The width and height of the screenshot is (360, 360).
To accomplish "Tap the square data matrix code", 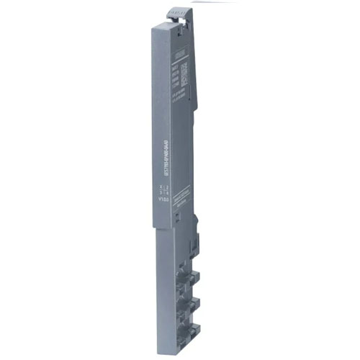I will coord(184,73).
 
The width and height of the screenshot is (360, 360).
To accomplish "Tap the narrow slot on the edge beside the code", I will coord(192,72).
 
